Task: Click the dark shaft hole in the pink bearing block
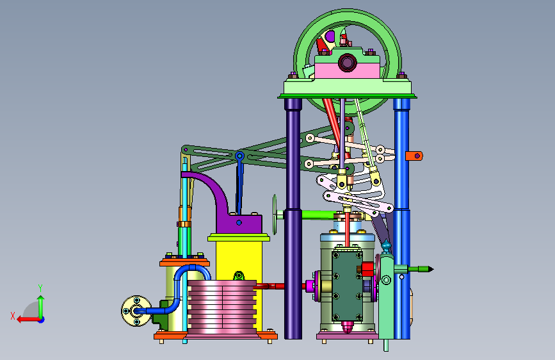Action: tap(347, 63)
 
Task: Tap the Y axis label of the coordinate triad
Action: tap(40, 288)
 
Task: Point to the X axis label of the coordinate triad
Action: tap(13, 316)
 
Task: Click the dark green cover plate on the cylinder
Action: tap(347, 285)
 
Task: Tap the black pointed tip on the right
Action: tap(430, 269)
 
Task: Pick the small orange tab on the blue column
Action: tap(414, 156)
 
